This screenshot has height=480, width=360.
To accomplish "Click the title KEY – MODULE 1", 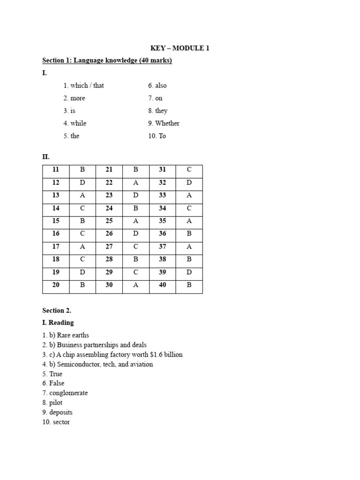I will [180, 48].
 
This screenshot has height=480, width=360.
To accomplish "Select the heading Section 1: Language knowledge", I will [107, 60].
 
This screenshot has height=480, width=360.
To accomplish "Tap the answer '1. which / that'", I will [84, 85].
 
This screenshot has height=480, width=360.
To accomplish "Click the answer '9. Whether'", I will [164, 123].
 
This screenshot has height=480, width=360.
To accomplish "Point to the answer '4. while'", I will [75, 123].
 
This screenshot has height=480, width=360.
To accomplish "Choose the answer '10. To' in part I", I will [157, 136].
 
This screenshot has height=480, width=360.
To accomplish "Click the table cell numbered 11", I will [56, 170].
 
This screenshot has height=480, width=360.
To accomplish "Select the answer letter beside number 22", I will [136, 183].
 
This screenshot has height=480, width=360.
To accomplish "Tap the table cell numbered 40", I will [162, 285].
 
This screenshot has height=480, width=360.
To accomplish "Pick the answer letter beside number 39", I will [189, 272].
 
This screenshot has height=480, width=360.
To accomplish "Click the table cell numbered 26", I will [109, 233].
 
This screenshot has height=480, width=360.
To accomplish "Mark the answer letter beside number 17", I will [82, 247].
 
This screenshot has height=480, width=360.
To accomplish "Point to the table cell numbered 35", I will [162, 221].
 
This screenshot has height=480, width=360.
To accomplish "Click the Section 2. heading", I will [57, 310].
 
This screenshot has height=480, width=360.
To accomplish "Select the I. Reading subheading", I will [58, 322].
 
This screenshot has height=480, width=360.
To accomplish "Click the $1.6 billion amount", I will [166, 354].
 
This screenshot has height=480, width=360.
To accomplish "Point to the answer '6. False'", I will [53, 383].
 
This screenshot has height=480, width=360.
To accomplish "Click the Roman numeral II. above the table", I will [46, 157].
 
